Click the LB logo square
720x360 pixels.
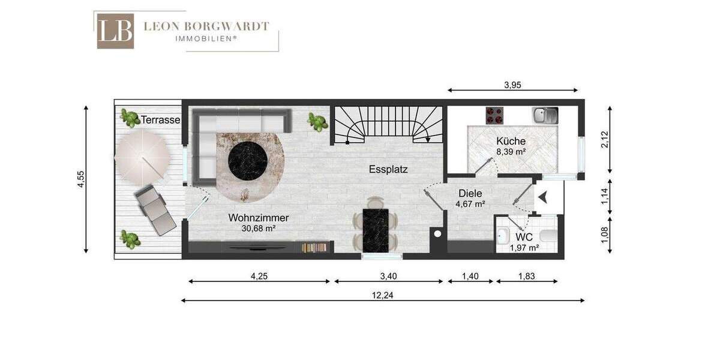115,31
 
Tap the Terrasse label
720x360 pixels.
160,120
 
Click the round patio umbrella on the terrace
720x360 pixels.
142,158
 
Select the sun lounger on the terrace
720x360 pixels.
155,209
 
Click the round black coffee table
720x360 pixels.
247,159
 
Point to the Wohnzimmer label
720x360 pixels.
259,218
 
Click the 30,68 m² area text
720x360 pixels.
259,228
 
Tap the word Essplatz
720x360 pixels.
388,169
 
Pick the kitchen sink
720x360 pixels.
545,114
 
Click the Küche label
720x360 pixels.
511,141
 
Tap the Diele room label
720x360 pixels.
470,194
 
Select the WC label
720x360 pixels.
524,237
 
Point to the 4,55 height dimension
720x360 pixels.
80,179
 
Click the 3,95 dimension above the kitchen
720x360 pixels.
512,85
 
